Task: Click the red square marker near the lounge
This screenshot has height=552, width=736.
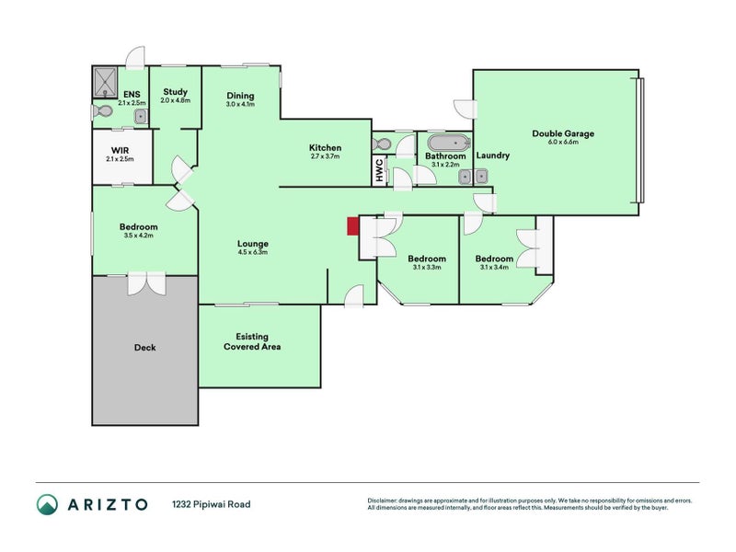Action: pyautogui.click(x=351, y=226)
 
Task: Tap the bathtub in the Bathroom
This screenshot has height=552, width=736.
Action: pyautogui.click(x=448, y=144)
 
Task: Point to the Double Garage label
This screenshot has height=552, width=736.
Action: pyautogui.click(x=563, y=133)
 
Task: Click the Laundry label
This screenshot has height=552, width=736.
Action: pyautogui.click(x=493, y=155)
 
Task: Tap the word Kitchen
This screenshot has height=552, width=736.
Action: pyautogui.click(x=325, y=147)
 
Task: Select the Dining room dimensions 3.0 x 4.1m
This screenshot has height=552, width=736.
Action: pyautogui.click(x=239, y=105)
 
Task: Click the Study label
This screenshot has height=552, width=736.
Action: pyautogui.click(x=175, y=92)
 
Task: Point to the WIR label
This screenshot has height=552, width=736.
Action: pyautogui.click(x=119, y=149)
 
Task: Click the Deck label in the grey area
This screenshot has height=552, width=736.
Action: pyautogui.click(x=144, y=348)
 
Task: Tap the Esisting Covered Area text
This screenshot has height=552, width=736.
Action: pyautogui.click(x=251, y=341)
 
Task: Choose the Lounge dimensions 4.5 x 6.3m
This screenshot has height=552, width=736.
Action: pyautogui.click(x=252, y=252)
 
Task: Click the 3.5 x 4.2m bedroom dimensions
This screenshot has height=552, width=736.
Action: pyautogui.click(x=138, y=236)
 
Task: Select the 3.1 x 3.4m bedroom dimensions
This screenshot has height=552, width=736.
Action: pyautogui.click(x=494, y=268)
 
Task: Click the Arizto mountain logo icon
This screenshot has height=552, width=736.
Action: pyautogui.click(x=47, y=504)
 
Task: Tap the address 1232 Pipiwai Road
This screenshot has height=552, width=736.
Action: pyautogui.click(x=211, y=504)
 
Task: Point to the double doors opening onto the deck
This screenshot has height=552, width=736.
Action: pyautogui.click(x=145, y=282)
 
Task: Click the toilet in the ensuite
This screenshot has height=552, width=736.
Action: pyautogui.click(x=103, y=111)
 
